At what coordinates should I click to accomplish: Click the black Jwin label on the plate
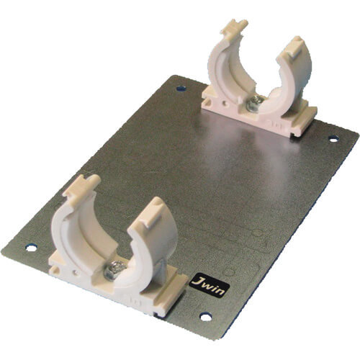click(x=210, y=285)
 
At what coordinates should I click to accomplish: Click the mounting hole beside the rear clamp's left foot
click(x=181, y=89)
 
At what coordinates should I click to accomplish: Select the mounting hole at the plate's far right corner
click(x=333, y=138)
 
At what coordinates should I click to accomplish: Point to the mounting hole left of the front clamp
click(x=32, y=248)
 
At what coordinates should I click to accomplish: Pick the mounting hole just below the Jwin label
click(x=206, y=317)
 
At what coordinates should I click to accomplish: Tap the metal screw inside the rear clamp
click(x=254, y=104)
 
